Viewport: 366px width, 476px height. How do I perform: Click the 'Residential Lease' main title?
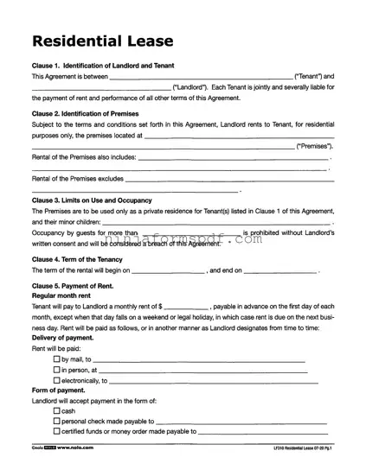103,41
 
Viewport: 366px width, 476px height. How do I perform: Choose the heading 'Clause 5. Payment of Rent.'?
73,285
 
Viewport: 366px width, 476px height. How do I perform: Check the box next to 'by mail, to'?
57,359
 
